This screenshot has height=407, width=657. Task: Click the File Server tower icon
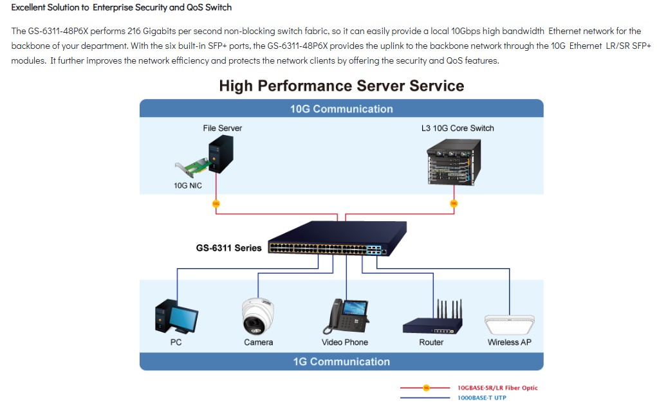click(221, 154)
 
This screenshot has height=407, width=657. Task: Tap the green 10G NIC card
click(192, 167)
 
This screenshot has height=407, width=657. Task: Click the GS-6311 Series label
click(229, 248)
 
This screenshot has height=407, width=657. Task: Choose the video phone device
click(346, 316)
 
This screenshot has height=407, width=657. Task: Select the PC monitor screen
click(183, 319)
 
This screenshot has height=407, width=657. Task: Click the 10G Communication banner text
click(342, 109)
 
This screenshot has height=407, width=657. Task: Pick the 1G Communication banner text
click(342, 362)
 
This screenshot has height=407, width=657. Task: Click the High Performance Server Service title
click(342, 86)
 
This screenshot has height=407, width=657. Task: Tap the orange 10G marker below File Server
click(216, 204)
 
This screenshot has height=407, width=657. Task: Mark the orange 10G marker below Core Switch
click(454, 203)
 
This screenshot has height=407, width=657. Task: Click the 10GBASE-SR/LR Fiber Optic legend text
click(497, 388)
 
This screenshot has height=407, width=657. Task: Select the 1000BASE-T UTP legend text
click(482, 398)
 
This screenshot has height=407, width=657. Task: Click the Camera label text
click(259, 342)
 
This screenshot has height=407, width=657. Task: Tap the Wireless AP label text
click(510, 342)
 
